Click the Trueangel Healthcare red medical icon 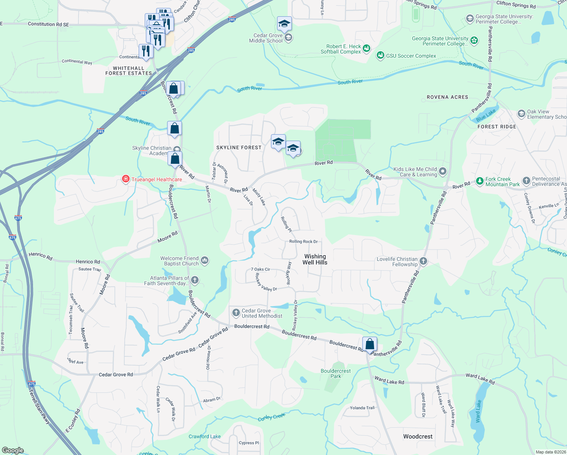(x=125, y=179)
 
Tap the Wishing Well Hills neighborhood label (x=315, y=259)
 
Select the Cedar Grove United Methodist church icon (x=236, y=313)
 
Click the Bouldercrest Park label (x=335, y=373)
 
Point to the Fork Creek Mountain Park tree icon (x=480, y=181)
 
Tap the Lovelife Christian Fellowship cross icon (x=423, y=261)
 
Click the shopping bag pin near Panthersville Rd (x=370, y=344)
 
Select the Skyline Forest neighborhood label (x=239, y=147)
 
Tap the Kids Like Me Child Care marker (x=442, y=171)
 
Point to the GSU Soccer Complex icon (x=380, y=56)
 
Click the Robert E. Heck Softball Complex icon (x=366, y=48)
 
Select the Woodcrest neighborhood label (x=418, y=436)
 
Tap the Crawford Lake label (x=205, y=436)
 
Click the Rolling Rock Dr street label (x=303, y=242)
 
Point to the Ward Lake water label (x=478, y=411)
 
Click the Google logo (x=13, y=450)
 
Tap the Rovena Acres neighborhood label (x=447, y=97)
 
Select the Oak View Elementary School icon (x=522, y=113)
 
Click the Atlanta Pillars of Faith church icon (x=195, y=280)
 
